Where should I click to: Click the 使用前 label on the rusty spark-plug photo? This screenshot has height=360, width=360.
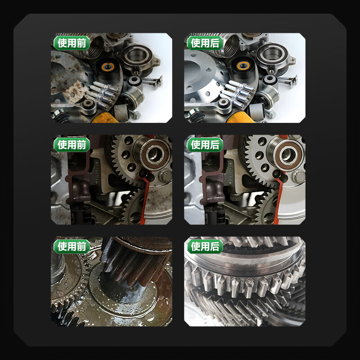72,43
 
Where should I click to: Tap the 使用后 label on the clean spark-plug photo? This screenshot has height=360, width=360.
205,43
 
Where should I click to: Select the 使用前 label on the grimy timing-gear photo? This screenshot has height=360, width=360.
72,145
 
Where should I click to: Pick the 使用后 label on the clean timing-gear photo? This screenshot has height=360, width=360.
205,145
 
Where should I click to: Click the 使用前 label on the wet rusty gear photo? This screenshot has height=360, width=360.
72,247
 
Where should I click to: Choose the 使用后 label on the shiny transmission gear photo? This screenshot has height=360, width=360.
205,247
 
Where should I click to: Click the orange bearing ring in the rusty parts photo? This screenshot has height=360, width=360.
108,67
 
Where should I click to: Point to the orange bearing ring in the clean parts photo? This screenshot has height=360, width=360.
243,66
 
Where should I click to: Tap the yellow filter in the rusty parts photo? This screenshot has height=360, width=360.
105,118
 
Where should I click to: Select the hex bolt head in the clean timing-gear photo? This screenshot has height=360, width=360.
299,177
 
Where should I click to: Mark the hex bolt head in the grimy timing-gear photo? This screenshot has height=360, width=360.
165,176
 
